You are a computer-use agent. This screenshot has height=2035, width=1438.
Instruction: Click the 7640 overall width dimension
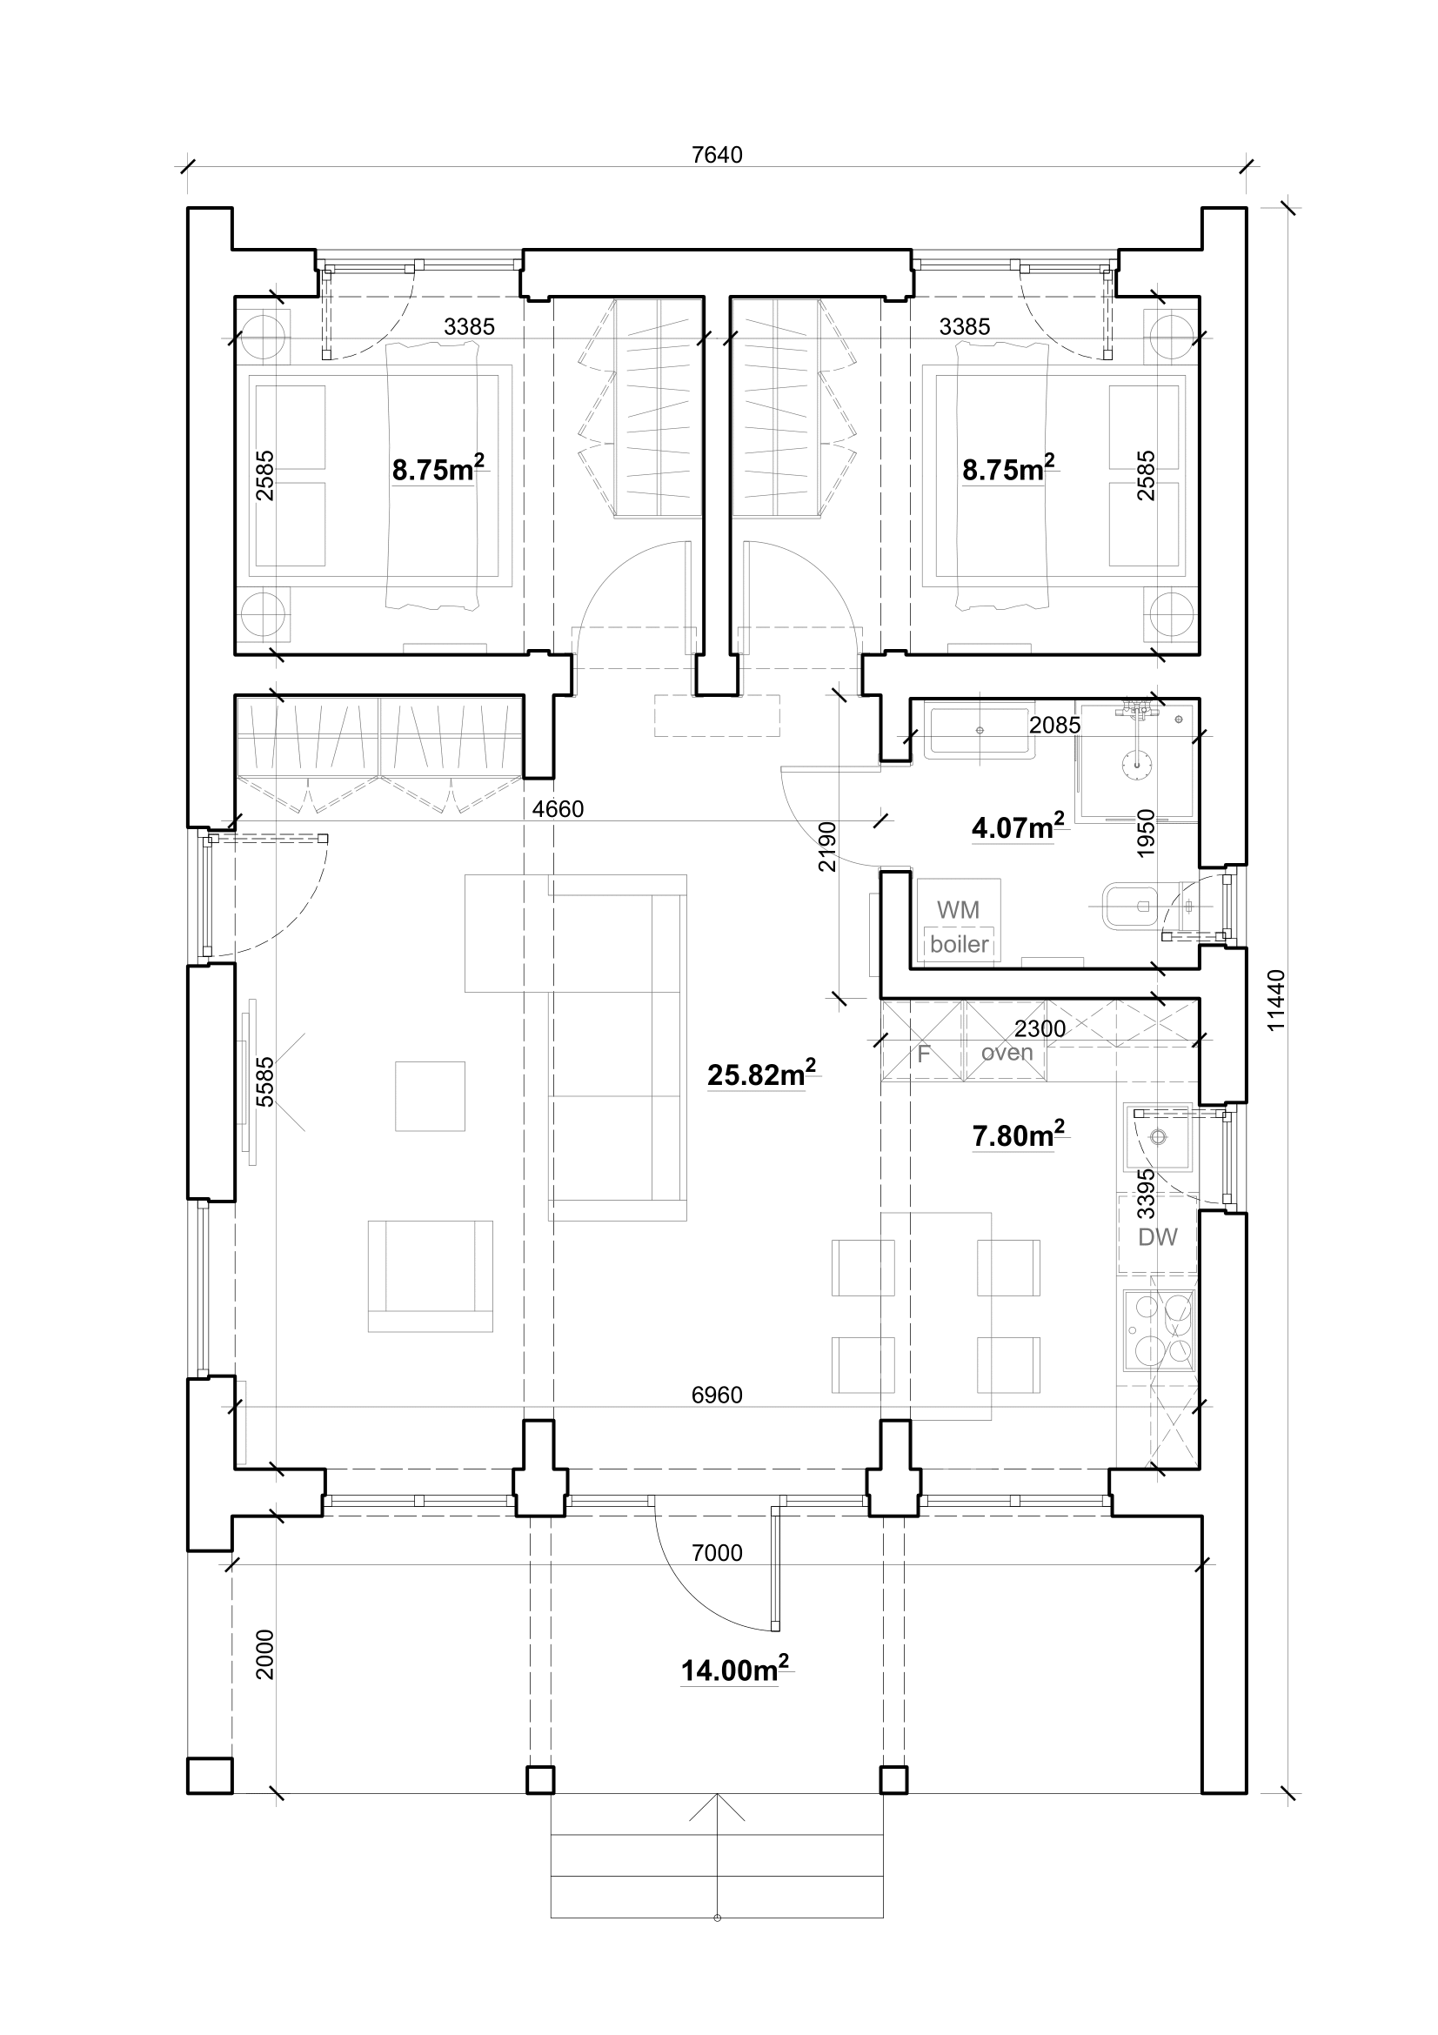(x=717, y=155)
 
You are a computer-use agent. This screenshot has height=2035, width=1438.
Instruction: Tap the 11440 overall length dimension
(x=1275, y=1001)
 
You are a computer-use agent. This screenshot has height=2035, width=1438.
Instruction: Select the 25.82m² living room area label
(x=760, y=1074)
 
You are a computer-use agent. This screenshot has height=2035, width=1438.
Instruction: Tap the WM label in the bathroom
(x=958, y=909)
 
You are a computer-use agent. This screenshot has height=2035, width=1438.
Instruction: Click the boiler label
(x=959, y=944)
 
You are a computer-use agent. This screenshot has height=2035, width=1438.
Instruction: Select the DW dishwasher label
(x=1157, y=1237)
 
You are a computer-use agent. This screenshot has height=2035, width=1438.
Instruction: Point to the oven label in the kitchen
(x=1007, y=1052)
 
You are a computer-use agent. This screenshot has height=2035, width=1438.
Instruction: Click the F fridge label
(x=923, y=1054)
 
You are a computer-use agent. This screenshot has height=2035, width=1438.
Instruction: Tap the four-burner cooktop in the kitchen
(x=1159, y=1327)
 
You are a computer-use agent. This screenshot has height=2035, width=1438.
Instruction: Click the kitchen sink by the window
(x=1157, y=1137)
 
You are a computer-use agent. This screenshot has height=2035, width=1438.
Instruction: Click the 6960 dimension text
(x=717, y=1394)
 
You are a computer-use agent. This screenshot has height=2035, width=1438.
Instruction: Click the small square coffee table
(x=430, y=1095)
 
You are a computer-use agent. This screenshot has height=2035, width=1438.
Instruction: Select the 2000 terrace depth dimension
(x=265, y=1654)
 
